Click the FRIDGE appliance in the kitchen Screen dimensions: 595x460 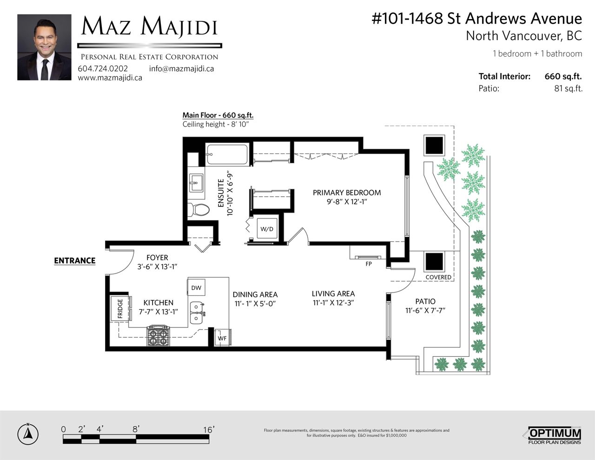tap(120, 308)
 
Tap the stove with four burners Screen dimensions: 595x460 tap(158, 335)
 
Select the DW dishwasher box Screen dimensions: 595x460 tap(196, 287)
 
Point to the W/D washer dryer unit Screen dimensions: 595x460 tap(267, 228)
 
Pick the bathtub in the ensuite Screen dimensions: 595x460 tap(227, 154)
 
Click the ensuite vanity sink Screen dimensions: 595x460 tap(196, 183)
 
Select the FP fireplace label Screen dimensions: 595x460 tap(369, 264)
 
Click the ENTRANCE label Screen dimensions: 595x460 tap(75, 260)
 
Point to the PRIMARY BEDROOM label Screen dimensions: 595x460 tap(347, 193)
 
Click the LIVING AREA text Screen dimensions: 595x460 tap(333, 293)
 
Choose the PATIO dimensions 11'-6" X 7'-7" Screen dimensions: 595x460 tap(425, 310)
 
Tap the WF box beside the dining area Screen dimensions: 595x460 tap(222, 338)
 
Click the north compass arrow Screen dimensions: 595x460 tap(28, 433)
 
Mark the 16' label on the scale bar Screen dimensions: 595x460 tap(209, 429)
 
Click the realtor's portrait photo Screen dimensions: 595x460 tap(44, 47)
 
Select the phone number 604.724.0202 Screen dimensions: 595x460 tap(103, 68)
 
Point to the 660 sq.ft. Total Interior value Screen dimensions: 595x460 tap(563, 76)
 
